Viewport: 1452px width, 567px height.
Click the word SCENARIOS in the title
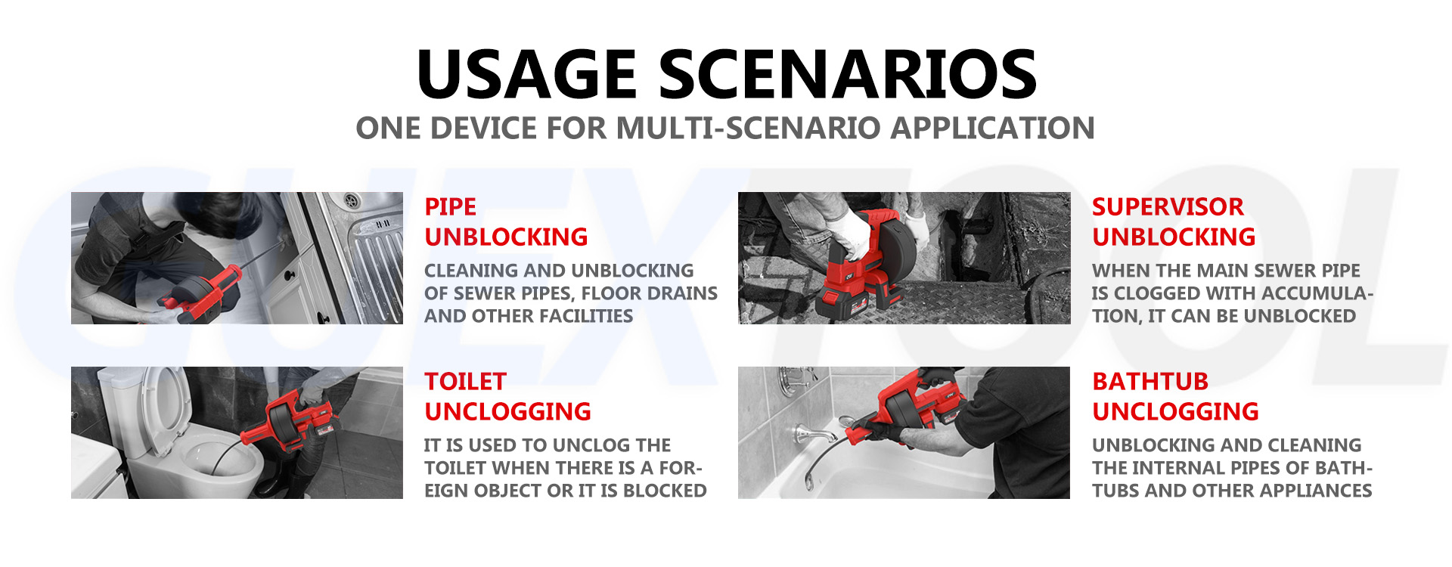848,74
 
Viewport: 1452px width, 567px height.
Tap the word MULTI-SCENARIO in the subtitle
749,129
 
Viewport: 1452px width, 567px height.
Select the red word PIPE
450,206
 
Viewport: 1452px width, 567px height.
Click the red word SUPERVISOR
1168,206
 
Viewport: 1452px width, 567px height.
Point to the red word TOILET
465,381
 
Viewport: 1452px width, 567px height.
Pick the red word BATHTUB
1150,381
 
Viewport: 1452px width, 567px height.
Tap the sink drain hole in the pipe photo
351,201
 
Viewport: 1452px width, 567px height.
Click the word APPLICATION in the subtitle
992,129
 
